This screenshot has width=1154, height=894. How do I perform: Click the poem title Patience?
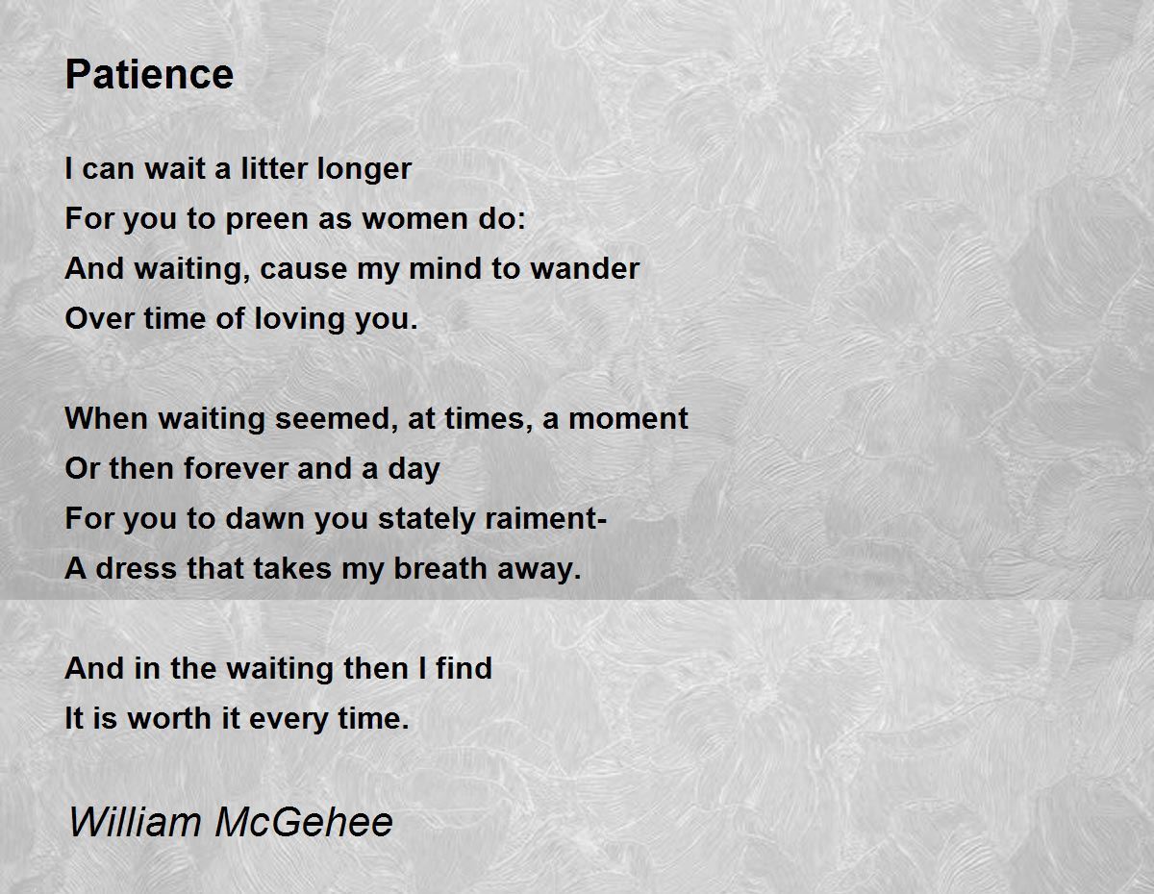pos(149,74)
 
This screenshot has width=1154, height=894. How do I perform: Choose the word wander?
pos(585,268)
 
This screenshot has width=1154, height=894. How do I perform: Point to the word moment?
pos(628,419)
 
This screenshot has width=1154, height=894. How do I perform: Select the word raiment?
pos(540,518)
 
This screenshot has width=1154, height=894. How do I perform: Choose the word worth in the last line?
pos(169,718)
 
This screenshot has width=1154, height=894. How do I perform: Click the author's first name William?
pos(135,822)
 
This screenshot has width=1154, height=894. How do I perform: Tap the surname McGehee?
pos(304,822)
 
